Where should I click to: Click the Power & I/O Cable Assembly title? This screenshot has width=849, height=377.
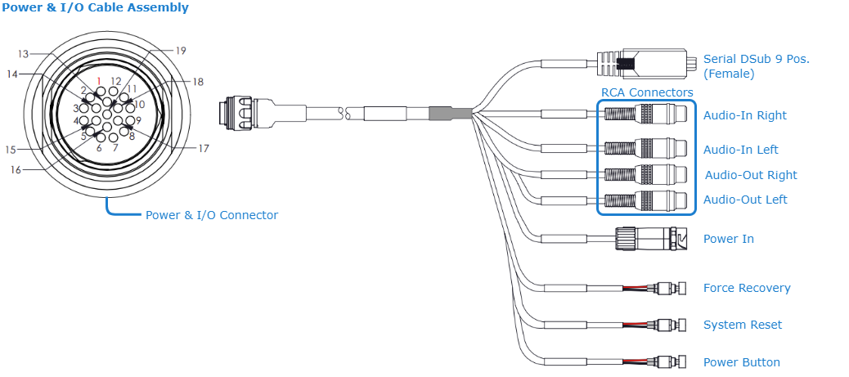coord(95,8)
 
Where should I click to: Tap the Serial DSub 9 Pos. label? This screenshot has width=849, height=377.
coord(757,60)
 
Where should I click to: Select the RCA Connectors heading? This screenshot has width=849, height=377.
coord(647,92)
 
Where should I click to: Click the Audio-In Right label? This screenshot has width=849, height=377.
coord(744,115)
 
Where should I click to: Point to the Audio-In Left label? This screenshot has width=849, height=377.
coord(740,150)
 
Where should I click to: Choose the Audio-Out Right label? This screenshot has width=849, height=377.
coord(751,175)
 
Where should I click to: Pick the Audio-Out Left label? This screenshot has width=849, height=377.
coord(746,200)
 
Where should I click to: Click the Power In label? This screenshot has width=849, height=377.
coord(728,239)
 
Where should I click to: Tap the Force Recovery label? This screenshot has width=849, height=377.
coord(747,288)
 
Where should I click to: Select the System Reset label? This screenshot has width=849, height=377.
coord(743,325)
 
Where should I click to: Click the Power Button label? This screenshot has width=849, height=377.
coord(742,362)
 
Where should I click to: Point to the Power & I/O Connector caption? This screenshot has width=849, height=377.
coord(212,215)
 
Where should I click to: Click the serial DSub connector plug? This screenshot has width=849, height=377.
coord(646,63)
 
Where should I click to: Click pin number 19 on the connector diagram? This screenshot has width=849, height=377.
coord(181,51)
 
